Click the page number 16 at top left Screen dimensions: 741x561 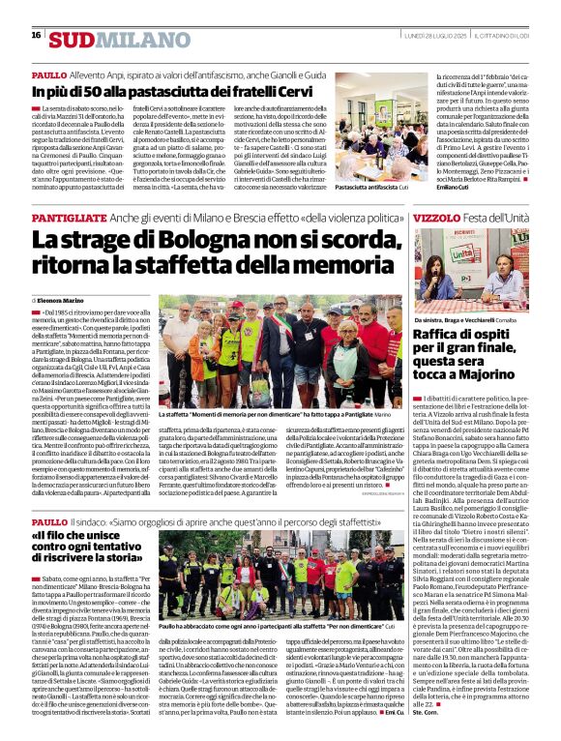[x=36, y=35]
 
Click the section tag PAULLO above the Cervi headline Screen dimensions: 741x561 [x=49, y=74]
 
